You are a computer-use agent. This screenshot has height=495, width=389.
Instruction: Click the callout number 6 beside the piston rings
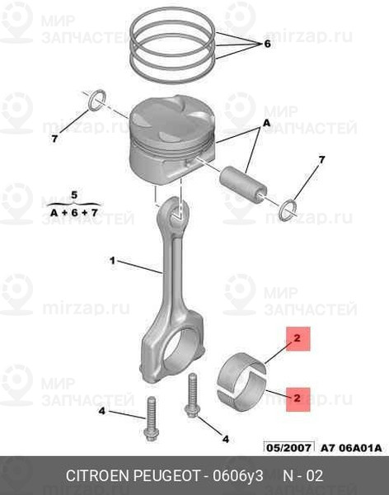tap(267, 44)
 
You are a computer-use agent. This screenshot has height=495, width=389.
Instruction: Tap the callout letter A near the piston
tap(267, 123)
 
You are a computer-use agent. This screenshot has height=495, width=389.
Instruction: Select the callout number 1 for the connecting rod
tap(112, 261)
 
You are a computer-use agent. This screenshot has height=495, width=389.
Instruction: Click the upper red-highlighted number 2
tap(298, 338)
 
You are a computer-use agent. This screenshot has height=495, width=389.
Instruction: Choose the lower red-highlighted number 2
tap(298, 398)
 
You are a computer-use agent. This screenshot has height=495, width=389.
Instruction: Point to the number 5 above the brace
tap(74, 195)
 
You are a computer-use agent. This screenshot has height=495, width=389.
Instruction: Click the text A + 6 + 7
tap(74, 213)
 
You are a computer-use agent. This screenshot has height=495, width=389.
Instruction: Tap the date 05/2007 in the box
tap(289, 447)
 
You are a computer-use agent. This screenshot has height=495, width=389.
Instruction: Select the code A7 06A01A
tap(351, 448)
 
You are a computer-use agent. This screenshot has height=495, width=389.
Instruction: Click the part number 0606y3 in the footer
tap(238, 476)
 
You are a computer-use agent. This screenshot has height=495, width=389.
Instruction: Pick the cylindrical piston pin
tap(243, 185)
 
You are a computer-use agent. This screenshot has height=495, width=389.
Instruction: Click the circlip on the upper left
tap(96, 100)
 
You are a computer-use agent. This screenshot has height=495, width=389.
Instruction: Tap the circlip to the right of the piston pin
tap(288, 211)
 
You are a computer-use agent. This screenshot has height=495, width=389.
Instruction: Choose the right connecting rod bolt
tap(192, 395)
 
